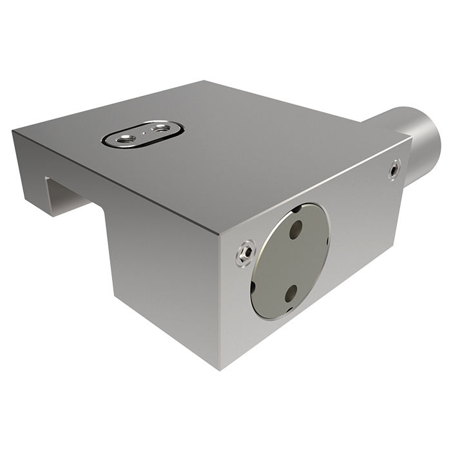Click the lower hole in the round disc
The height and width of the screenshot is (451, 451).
pyautogui.click(x=289, y=294)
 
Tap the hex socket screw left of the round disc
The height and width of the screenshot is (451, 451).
pyautogui.click(x=243, y=254)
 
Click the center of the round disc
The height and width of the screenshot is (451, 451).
pyautogui.click(x=291, y=262)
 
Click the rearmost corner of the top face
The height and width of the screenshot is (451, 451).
pyautogui.click(x=205, y=81)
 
